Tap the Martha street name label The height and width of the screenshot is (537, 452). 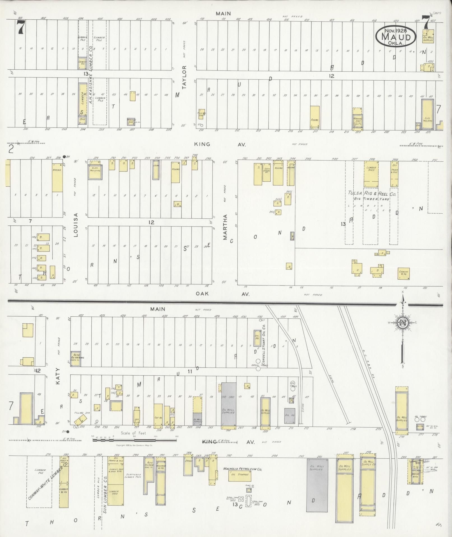pos(225,227)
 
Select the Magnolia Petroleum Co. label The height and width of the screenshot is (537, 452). pos(242,469)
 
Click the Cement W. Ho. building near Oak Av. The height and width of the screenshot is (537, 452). pos(404,273)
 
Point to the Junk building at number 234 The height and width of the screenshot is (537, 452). pos(156,170)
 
